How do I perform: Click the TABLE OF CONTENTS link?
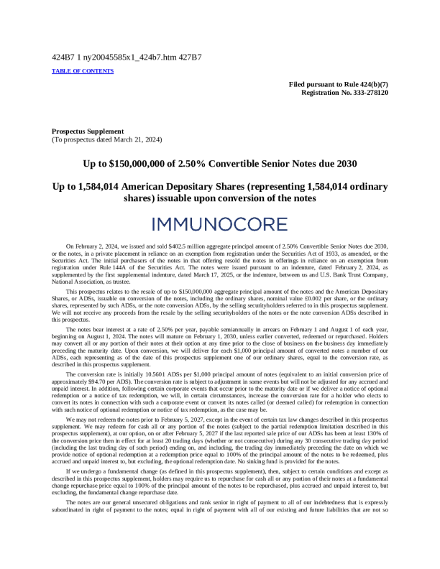[x=83, y=71]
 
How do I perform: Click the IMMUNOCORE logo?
[x=220, y=224]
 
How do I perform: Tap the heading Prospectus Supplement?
[x=88, y=131]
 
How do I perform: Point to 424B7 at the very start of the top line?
[x=63, y=57]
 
